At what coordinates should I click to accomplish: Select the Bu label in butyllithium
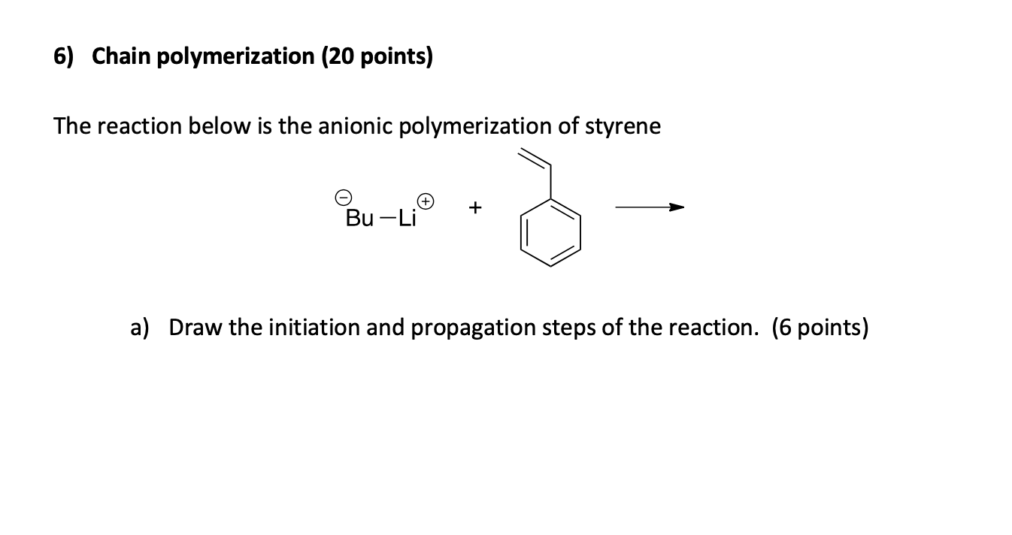(359, 219)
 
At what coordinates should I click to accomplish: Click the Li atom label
(407, 219)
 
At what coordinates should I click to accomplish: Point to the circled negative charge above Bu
(343, 198)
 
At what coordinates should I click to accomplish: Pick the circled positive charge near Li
(426, 201)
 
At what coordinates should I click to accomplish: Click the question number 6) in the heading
(65, 58)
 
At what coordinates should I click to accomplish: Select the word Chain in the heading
(118, 58)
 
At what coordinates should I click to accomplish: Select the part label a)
(140, 328)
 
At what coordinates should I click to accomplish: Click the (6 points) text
(820, 328)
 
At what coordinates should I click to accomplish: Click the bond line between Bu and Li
(386, 219)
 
